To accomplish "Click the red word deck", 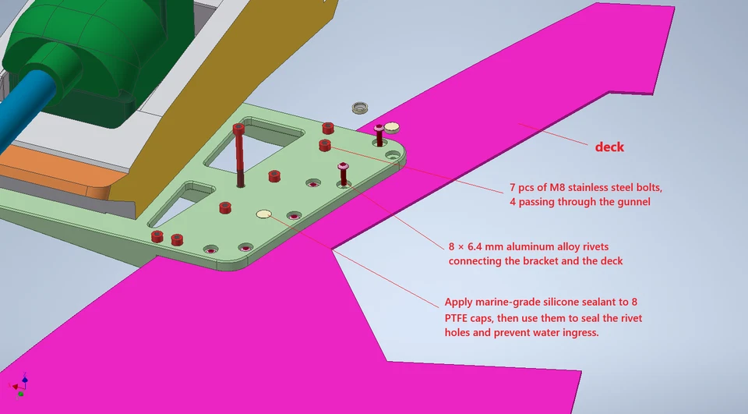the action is point(609,147).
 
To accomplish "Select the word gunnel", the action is point(633,201).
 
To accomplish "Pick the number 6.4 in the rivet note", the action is point(475,247).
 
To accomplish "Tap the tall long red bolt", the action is point(239,155).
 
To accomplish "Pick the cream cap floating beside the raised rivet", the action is point(392,127).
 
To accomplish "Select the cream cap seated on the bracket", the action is point(264,214).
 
